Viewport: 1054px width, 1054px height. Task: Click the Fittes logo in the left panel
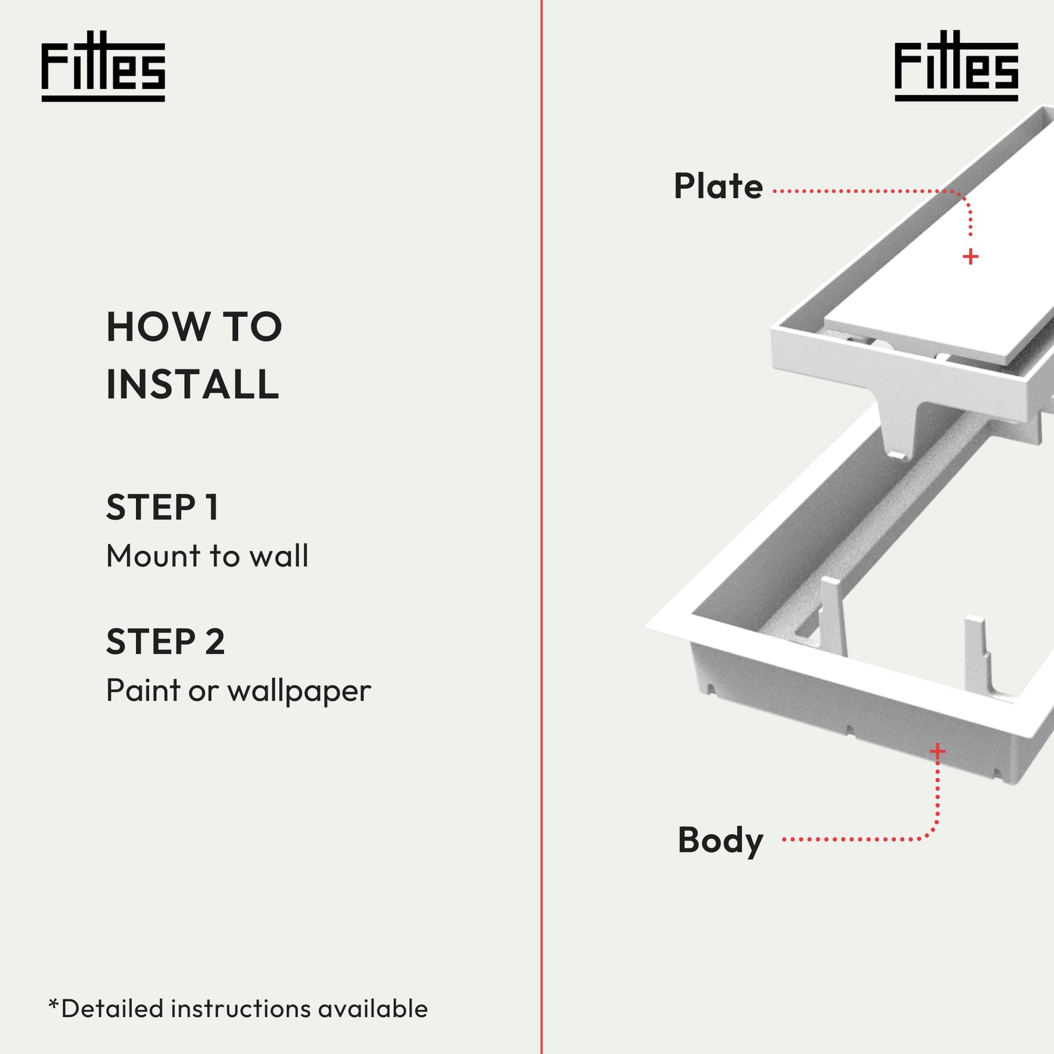(103, 66)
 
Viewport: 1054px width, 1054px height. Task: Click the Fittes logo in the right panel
(957, 66)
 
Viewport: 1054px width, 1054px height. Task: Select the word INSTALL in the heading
(193, 384)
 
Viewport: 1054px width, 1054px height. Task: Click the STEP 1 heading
(162, 507)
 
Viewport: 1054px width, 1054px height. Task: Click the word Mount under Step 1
(154, 556)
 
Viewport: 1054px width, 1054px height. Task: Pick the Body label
(720, 841)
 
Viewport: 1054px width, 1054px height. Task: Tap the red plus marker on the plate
(970, 256)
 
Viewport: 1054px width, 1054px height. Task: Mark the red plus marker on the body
(937, 751)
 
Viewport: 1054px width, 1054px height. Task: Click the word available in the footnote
(373, 1009)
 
